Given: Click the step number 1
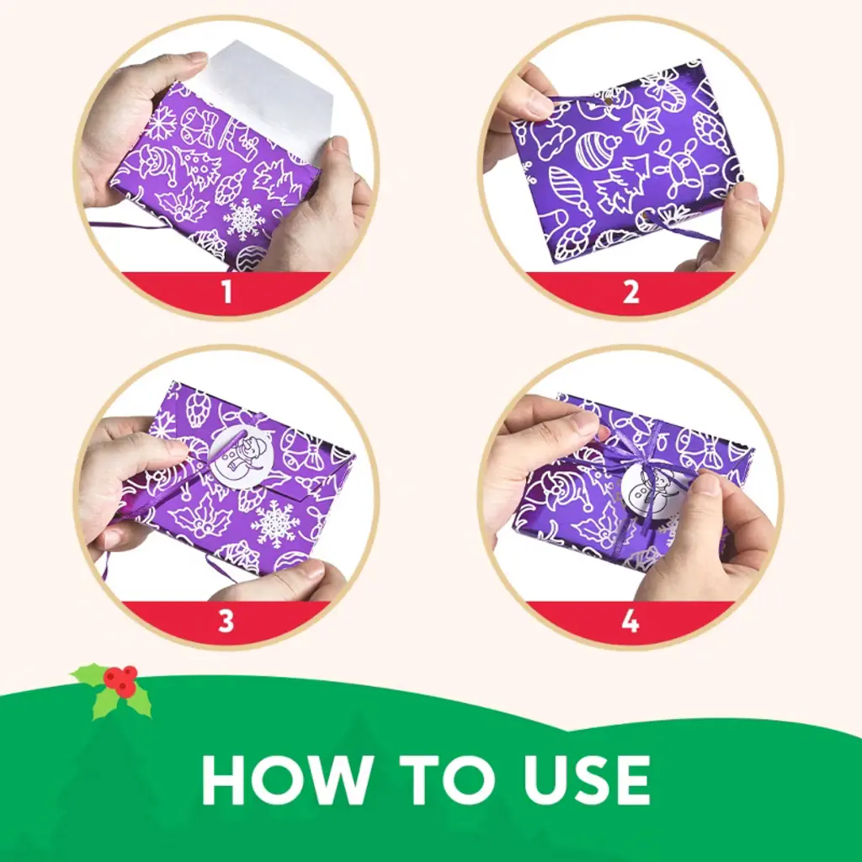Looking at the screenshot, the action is pos(226,292).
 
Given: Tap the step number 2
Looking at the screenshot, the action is pos(631,292).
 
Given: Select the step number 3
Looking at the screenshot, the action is pos(226,620).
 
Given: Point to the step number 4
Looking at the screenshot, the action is pos(631,620).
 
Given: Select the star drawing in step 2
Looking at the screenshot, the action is pos(643,123).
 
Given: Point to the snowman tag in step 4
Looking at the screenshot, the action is pos(649,487).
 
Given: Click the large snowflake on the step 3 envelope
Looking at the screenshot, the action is pos(275,524).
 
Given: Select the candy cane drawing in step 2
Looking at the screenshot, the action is pos(676,99).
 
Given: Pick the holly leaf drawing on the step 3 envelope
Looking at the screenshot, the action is pos(194,517).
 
